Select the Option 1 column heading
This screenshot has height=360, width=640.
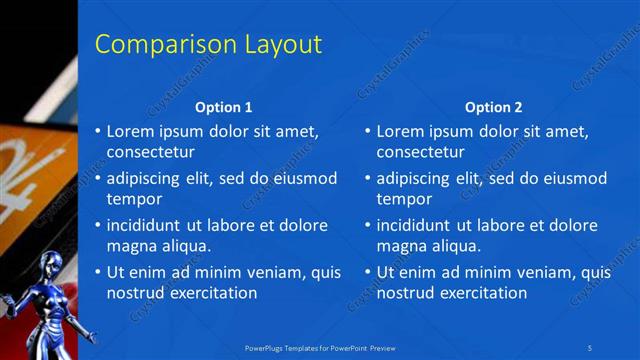pos(224,107)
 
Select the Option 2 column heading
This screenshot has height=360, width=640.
pos(494,107)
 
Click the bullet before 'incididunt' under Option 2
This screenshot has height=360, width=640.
pos(368,226)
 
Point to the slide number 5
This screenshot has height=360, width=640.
pos(591,347)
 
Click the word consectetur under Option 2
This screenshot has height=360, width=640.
pos(421,151)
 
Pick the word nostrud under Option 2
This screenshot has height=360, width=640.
pos(407,293)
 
